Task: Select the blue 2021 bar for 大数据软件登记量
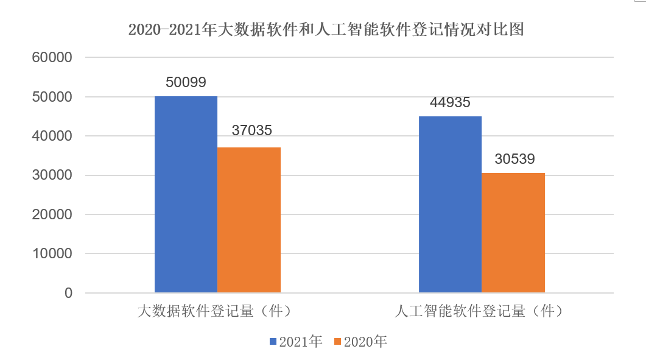point(186,194)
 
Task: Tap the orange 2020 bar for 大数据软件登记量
point(249,220)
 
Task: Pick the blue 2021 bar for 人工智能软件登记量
point(450,205)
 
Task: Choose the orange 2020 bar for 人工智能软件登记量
point(513,233)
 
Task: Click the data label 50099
point(186,82)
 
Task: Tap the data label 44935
point(450,102)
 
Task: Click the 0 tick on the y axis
point(68,293)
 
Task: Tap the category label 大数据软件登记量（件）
point(215,311)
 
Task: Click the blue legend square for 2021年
point(273,342)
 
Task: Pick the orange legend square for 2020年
point(338,342)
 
